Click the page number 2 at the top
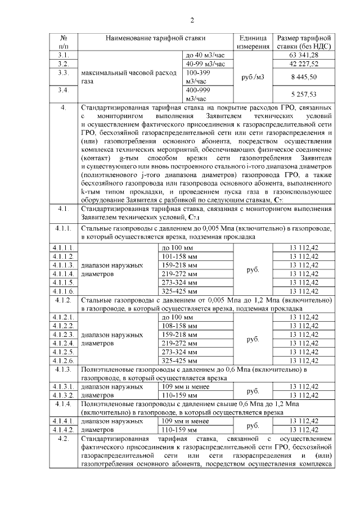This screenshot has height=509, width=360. point(192,21)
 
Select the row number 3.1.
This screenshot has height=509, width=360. point(64,55)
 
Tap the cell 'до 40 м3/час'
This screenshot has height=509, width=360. point(204,55)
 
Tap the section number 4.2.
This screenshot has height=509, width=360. point(64,438)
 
